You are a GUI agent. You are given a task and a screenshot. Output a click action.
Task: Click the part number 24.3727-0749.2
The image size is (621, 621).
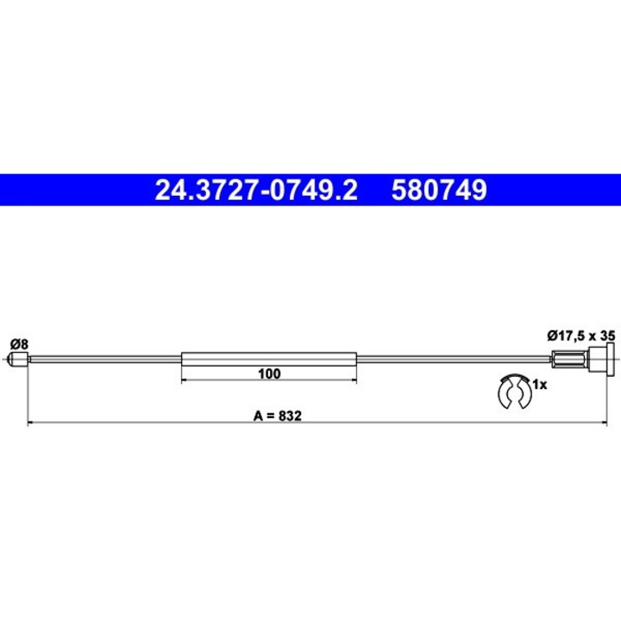coord(255,189)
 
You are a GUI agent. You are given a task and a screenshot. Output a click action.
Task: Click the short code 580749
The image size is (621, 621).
coord(440,189)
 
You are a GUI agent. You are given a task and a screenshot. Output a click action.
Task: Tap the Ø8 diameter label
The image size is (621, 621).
coord(18,343)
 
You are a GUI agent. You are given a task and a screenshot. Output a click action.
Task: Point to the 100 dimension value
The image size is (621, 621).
coord(269,374)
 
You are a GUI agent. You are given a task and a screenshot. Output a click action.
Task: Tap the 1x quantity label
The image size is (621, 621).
coord(539,385)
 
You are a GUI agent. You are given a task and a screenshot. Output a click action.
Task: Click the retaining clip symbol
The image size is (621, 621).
coord(516,392)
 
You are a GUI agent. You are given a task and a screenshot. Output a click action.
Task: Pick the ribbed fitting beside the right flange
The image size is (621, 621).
coord(565,360)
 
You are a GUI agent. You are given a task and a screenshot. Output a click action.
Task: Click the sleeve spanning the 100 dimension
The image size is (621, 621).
coord(269,360)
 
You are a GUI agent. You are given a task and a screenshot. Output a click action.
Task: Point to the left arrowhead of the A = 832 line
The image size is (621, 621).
coord(32,423)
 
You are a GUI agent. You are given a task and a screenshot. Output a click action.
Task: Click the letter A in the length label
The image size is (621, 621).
coord(258,414)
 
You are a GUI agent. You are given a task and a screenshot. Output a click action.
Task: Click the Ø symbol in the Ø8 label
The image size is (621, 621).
coord(14,343)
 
